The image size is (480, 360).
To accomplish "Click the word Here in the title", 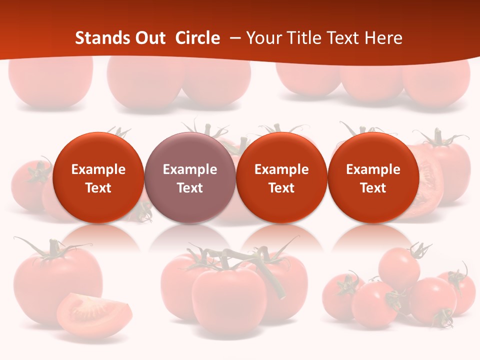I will point(383,38).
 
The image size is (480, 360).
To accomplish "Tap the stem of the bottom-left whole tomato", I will point(51,250).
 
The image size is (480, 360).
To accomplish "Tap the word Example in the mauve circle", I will point(190,169).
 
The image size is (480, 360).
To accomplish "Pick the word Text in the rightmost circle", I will point(373,188).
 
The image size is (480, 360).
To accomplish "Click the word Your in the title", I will point(263,38).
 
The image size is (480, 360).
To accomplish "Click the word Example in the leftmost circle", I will point(98,169).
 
